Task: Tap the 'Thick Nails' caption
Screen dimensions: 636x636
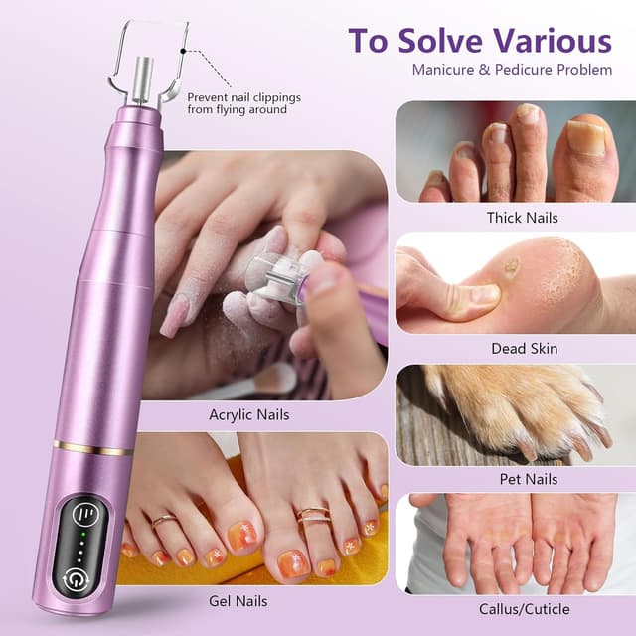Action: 522,218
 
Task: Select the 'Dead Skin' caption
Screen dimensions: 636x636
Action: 524,349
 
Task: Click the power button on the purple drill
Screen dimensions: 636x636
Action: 76,577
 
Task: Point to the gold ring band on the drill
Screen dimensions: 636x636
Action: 94,448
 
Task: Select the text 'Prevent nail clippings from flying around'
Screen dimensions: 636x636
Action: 242,103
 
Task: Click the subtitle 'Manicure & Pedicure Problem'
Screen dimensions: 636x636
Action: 512,71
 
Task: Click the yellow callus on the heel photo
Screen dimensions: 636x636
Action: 512,267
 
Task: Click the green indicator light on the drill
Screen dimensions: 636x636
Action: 84,535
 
